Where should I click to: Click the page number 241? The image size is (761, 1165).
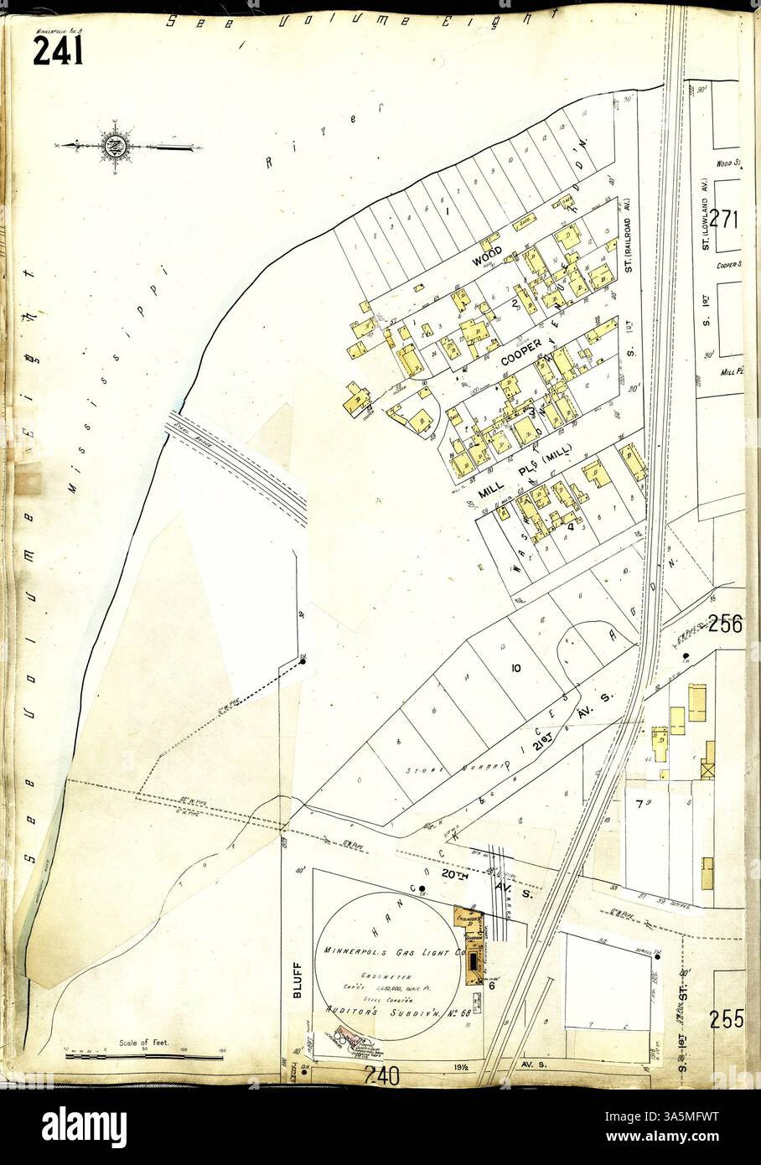[58, 52]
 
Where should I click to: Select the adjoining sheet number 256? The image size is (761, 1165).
[725, 624]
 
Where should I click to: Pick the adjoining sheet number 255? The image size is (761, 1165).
[727, 1019]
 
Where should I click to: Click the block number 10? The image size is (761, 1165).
[515, 668]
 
